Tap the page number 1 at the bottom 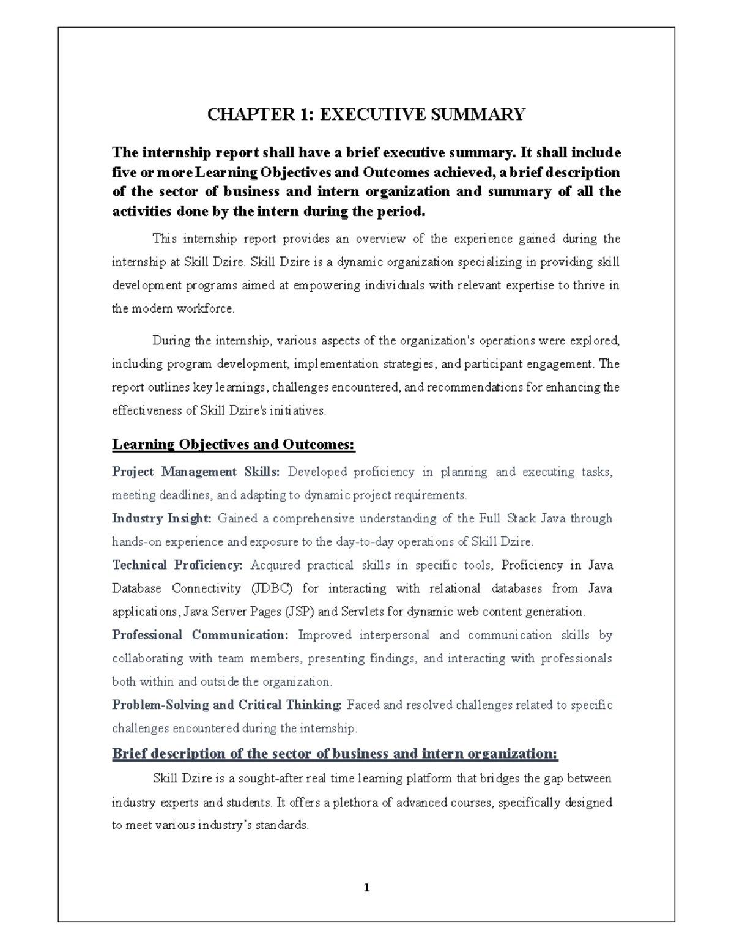(366, 888)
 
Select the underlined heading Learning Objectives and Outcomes (233, 445)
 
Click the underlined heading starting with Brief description (335, 754)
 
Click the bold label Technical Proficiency (177, 565)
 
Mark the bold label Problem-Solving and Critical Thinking (226, 705)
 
